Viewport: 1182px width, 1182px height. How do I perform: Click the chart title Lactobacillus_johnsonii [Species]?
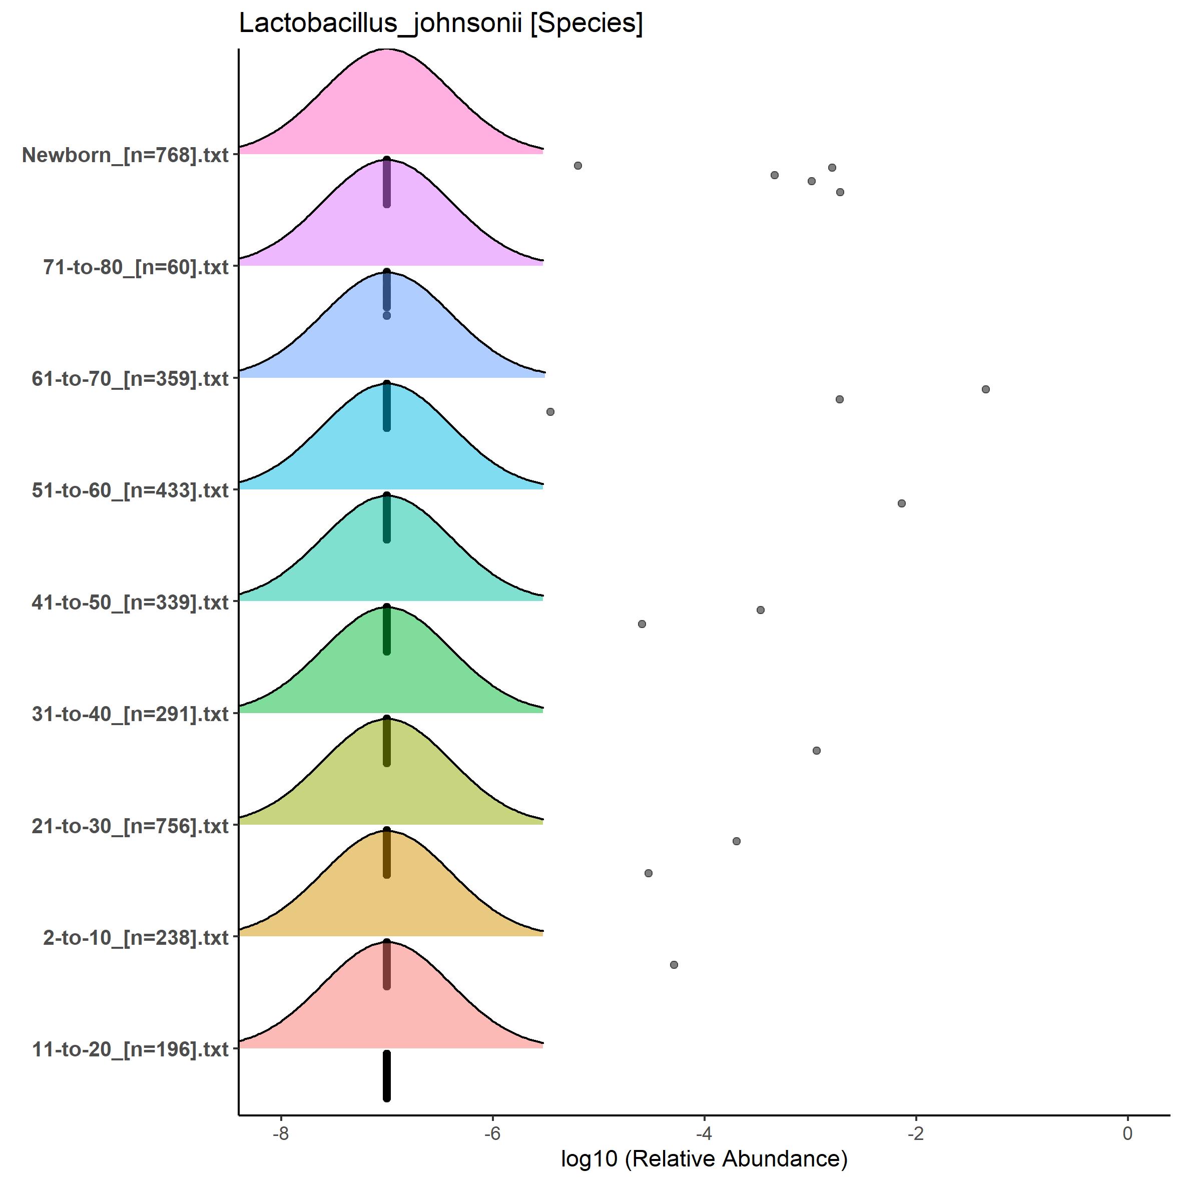click(440, 25)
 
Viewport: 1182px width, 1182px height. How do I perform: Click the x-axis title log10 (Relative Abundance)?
click(704, 1158)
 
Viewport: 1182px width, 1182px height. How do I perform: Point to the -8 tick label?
click(281, 1133)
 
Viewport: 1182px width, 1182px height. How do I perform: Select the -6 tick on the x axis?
click(492, 1133)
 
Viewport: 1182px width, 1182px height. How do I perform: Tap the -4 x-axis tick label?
click(704, 1133)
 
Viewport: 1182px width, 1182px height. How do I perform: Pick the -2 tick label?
click(916, 1133)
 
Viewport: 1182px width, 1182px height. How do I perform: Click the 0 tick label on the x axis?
click(1127, 1133)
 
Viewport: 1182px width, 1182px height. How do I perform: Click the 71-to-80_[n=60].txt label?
click(136, 267)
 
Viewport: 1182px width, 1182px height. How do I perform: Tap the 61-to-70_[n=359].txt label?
click(130, 379)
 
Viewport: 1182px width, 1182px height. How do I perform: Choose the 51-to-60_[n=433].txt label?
click(130, 490)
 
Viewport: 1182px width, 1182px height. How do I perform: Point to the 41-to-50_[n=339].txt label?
click(130, 602)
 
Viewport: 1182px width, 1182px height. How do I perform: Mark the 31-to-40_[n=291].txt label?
click(130, 714)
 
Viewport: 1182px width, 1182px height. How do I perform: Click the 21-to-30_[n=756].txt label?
click(130, 826)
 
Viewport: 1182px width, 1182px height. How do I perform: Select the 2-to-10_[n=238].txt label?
click(136, 937)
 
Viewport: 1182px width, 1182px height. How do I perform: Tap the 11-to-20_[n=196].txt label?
click(130, 1049)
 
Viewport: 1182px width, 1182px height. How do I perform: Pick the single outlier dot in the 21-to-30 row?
click(816, 751)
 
